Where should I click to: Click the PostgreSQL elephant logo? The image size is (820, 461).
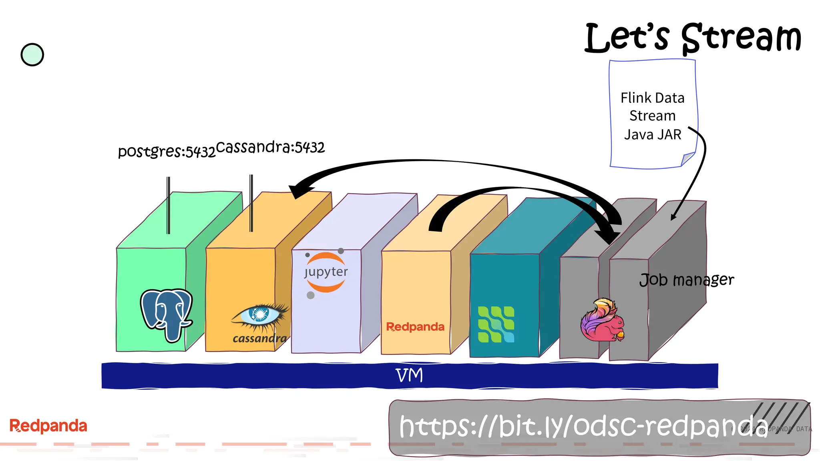pyautogui.click(x=166, y=314)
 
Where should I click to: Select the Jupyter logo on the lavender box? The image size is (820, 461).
pyautogui.click(x=326, y=273)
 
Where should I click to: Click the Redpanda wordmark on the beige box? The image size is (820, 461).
pyautogui.click(x=415, y=327)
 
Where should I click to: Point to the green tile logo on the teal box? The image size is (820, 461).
pyautogui.click(x=496, y=325)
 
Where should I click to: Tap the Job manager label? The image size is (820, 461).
pyautogui.click(x=686, y=280)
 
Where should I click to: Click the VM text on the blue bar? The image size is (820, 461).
pyautogui.click(x=409, y=375)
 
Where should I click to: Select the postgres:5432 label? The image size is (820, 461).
pyautogui.click(x=167, y=151)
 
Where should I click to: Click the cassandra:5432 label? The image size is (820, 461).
pyautogui.click(x=270, y=147)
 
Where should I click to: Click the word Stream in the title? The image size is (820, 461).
pyautogui.click(x=741, y=38)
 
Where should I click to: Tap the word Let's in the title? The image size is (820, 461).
pyautogui.click(x=627, y=38)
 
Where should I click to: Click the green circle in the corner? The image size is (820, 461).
pyautogui.click(x=32, y=55)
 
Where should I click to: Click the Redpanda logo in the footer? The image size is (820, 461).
pyautogui.click(x=48, y=426)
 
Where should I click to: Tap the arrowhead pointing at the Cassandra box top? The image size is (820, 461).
pyautogui.click(x=298, y=190)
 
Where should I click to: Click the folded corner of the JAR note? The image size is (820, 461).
pyautogui.click(x=688, y=159)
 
